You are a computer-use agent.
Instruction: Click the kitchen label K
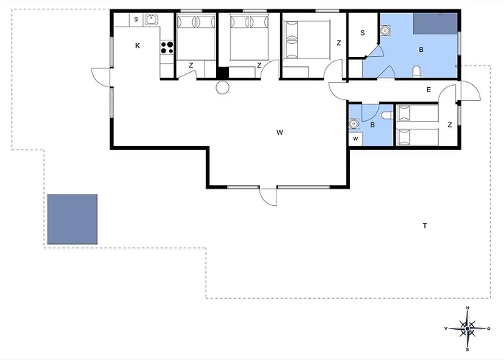[138, 46]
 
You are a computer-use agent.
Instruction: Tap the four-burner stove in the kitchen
[167, 48]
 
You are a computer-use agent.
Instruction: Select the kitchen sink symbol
[150, 20]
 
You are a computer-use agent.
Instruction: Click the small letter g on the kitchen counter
[136, 19]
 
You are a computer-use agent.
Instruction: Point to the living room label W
[279, 132]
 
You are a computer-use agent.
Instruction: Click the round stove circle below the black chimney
[222, 87]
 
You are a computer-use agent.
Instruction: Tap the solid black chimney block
[222, 73]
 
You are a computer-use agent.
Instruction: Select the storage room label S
[363, 33]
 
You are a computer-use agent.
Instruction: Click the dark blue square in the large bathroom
[435, 24]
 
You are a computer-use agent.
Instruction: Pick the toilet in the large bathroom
[417, 72]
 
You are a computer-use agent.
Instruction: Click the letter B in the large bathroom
[420, 50]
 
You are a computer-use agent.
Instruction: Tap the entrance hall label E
[428, 90]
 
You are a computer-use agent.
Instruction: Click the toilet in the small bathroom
[387, 115]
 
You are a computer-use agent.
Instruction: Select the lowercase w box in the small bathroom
[356, 139]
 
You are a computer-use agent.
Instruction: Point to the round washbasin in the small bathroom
[354, 123]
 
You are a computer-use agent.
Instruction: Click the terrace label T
[425, 225]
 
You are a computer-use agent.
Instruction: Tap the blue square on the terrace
[72, 219]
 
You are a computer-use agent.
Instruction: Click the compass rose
[467, 328]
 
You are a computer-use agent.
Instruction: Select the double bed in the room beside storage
[306, 40]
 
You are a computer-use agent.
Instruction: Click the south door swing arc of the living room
[266, 199]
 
